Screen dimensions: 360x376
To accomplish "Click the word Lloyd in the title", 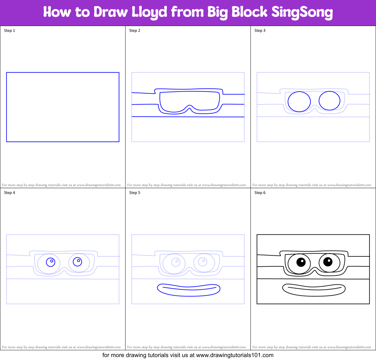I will pos(149,12).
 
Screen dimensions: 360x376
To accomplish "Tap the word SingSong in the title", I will pos(302,12).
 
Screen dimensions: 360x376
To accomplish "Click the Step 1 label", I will pos(9,31).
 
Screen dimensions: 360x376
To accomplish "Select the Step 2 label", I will pos(135,31).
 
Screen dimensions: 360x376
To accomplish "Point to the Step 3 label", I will pos(260,31).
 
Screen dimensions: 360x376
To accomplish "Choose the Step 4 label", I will pos(9,193).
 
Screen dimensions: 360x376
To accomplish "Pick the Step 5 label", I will pos(135,193).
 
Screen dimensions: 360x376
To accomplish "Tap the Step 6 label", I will pos(260,193).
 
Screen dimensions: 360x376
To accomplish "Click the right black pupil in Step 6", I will pos(328,261).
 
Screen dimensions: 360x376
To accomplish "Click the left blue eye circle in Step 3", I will pos(299,102).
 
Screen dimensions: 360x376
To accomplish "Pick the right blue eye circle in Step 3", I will pos(329,101).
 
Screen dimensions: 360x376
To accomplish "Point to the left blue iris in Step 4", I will pos(51,262).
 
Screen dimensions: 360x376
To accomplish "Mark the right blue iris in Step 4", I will pos(77,261).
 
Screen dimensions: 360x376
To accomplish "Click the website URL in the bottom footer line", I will pos(235,355).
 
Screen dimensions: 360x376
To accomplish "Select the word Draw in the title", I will pos(111,12).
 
